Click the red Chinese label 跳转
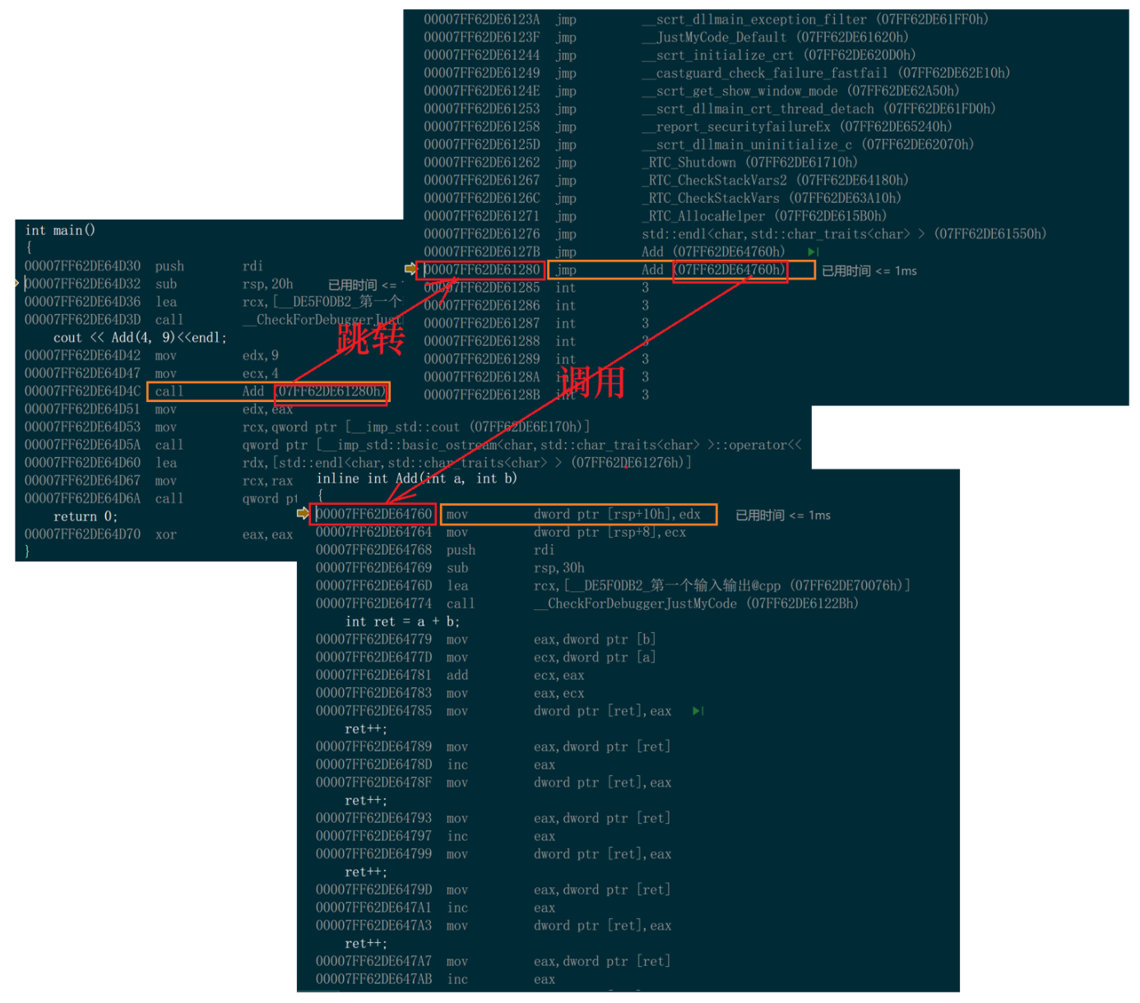(370, 338)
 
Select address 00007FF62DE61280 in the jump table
(482, 270)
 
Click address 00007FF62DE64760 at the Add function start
(373, 514)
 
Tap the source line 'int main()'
(60, 230)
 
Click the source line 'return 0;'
(86, 516)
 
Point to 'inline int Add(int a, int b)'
(417, 478)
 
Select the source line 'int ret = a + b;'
(402, 622)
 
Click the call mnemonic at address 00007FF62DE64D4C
(169, 391)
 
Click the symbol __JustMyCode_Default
(713, 37)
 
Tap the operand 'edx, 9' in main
(260, 355)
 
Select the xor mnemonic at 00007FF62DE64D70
(165, 534)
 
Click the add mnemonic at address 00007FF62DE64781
(457, 675)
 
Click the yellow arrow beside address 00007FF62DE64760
(303, 514)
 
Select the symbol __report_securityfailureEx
(736, 127)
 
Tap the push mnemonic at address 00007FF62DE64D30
(169, 266)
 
